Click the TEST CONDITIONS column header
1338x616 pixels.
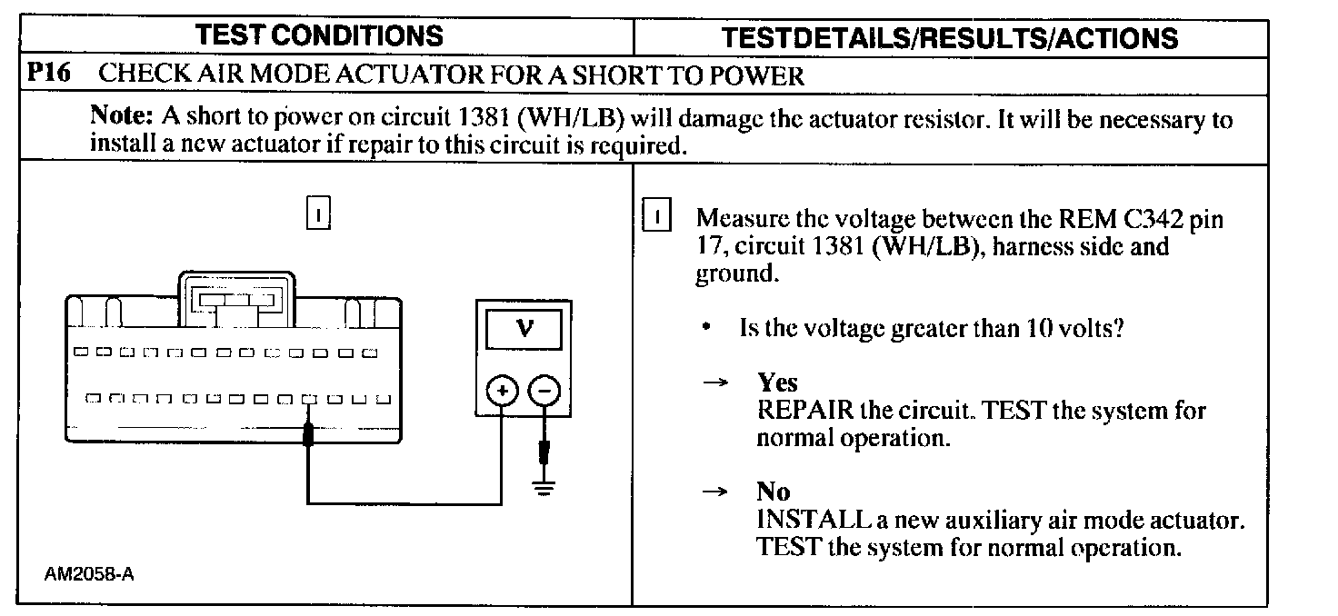coord(320,35)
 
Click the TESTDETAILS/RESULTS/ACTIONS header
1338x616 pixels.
coord(949,37)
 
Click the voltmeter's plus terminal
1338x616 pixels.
coord(501,392)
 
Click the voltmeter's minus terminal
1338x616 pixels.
coord(544,392)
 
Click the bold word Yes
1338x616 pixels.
coord(777,383)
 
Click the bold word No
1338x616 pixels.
coord(774,492)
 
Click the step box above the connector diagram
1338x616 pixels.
coord(318,214)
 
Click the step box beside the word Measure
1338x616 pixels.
coord(656,218)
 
